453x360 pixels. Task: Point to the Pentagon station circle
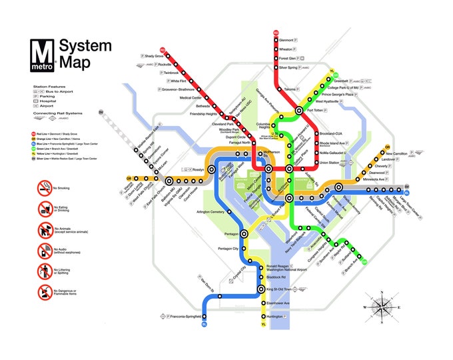pyautogui.click(x=244, y=234)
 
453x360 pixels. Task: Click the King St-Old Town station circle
pyautogui.click(x=261, y=289)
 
